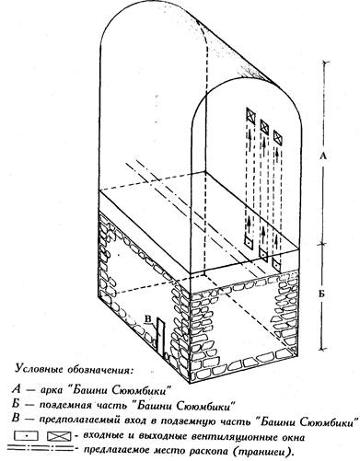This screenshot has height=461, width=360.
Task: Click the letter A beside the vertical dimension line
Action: pyautogui.click(x=322, y=156)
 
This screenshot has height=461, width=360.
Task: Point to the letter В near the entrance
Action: pyautogui.click(x=148, y=319)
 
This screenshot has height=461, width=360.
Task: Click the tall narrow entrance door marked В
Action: pyautogui.click(x=160, y=337)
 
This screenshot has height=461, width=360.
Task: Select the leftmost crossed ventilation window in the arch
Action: pyautogui.click(x=250, y=116)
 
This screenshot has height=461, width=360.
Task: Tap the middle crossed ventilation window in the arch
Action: pyautogui.click(x=264, y=126)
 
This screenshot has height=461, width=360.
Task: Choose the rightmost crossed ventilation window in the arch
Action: pyautogui.click(x=277, y=137)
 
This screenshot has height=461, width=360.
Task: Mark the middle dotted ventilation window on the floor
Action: pyautogui.click(x=263, y=254)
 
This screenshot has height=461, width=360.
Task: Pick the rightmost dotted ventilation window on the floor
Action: pyautogui.click(x=276, y=264)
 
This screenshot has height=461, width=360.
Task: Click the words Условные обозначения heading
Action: pyautogui.click(x=75, y=369)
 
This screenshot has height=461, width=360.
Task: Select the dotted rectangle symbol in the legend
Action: pyautogui.click(x=27, y=435)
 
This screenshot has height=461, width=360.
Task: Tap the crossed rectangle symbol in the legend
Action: pyautogui.click(x=59, y=435)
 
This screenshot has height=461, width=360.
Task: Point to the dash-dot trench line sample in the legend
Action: pyautogui.click(x=41, y=449)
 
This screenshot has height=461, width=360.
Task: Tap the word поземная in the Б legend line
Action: pyautogui.click(x=65, y=406)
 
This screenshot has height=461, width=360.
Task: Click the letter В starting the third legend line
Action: pyautogui.click(x=15, y=418)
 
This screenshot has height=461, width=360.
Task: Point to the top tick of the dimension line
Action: pyautogui.click(x=325, y=62)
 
